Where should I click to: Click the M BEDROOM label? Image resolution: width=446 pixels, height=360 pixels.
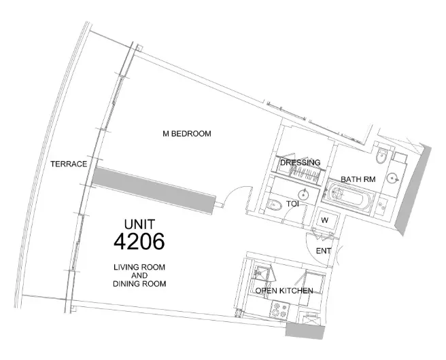pos(186,134)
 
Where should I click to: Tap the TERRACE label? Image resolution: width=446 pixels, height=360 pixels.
pos(69,164)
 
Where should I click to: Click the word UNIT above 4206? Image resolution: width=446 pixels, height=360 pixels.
pos(139,223)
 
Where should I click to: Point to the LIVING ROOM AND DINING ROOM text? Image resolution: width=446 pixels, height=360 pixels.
pos(139,275)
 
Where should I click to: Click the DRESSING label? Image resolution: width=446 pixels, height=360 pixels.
pos(300,163)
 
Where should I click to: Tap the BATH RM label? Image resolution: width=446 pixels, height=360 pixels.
pos(357,179)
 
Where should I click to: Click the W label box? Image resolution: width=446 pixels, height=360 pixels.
pos(324,220)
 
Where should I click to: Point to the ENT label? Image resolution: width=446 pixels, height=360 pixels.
pos(324,251)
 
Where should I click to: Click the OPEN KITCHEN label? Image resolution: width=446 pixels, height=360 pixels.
pos(284,291)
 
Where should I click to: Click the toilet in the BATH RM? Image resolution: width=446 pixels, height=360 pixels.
pos(381,155)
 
